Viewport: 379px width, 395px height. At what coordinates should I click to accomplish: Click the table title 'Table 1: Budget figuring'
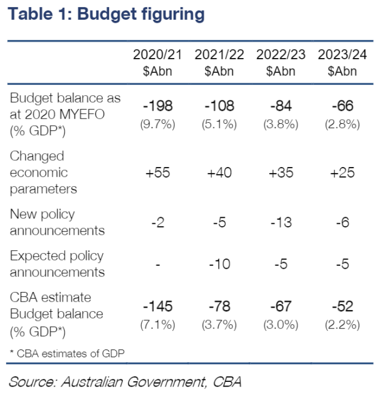click(x=106, y=13)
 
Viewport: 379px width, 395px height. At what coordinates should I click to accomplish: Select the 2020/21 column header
click(x=157, y=62)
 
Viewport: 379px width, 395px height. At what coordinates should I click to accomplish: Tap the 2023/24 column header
click(x=342, y=62)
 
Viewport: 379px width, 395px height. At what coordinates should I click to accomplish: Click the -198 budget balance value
click(x=157, y=106)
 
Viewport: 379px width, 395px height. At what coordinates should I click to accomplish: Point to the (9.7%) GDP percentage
click(x=157, y=124)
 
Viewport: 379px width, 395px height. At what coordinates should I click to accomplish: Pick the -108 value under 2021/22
click(x=219, y=106)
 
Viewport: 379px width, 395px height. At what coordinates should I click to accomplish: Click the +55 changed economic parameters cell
click(x=157, y=173)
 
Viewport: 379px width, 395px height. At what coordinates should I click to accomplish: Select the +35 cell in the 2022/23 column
click(x=280, y=173)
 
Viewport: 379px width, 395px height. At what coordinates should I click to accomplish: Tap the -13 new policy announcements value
click(x=280, y=223)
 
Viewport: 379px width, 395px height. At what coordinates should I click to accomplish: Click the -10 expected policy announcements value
click(x=219, y=264)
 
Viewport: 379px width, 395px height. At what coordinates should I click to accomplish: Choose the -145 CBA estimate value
click(x=157, y=306)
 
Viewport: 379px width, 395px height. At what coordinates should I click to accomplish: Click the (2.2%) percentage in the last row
click(x=342, y=325)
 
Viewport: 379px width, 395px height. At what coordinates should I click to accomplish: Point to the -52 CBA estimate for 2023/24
click(x=342, y=306)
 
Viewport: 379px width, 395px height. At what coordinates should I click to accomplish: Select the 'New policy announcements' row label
click(x=57, y=222)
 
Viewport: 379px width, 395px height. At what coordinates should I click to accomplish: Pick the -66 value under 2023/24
click(x=342, y=106)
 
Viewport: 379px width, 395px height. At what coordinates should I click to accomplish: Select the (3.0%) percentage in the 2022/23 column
click(x=280, y=325)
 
